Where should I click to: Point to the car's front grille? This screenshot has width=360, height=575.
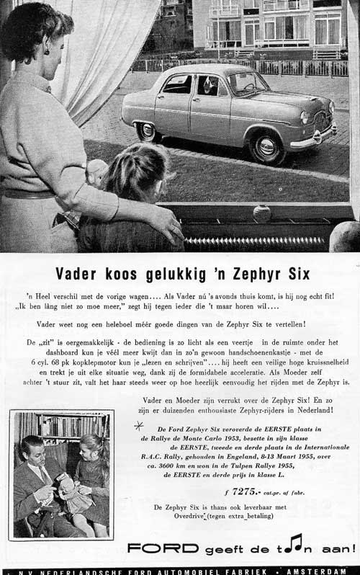pos(323,122)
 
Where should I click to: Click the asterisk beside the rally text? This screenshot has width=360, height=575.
pos(140,426)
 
